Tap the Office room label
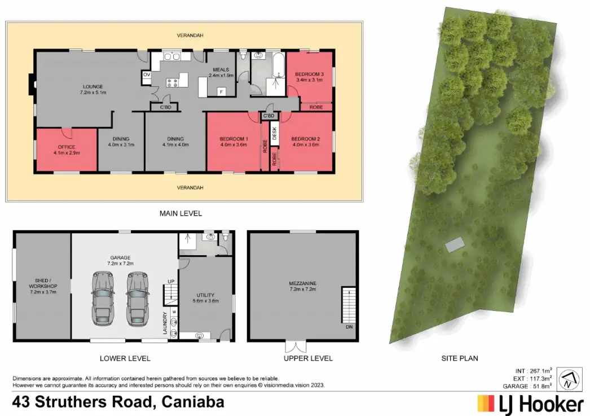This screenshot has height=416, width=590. (66, 150)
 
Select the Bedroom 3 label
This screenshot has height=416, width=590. (309, 77)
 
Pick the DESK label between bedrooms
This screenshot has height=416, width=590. (275, 134)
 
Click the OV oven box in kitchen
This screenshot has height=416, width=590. (147, 75)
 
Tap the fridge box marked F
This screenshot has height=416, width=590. (222, 91)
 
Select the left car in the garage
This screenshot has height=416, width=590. (103, 297)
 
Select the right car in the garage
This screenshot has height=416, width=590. (137, 297)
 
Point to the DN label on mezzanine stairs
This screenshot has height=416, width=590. (348, 327)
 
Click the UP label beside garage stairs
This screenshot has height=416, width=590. (170, 282)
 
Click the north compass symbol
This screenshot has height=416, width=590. (570, 379)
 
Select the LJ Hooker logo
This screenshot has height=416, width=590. (530, 404)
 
